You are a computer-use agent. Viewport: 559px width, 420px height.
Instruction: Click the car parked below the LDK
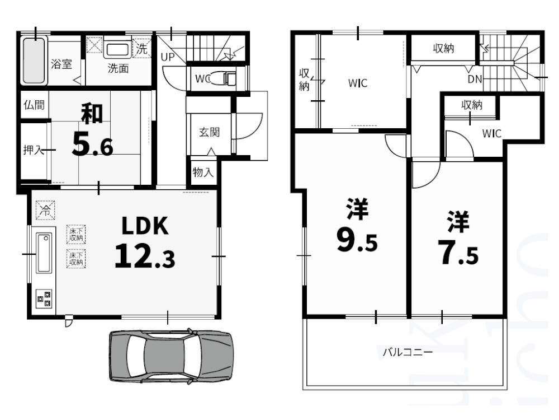[170, 356]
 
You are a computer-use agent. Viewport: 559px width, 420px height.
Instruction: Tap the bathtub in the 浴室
[34, 60]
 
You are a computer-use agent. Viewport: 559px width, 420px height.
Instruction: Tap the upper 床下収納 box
[76, 234]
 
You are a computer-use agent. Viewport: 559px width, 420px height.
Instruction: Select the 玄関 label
[209, 133]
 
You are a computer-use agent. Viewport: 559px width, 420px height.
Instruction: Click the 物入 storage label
[203, 171]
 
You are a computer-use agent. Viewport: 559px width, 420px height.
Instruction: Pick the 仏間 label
[34, 105]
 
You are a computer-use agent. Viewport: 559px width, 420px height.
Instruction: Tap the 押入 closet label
[34, 150]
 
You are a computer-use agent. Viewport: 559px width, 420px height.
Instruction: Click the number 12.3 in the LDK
[144, 257]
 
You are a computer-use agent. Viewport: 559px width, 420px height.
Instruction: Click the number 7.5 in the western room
[457, 254]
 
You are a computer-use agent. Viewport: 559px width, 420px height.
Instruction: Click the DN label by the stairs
[475, 79]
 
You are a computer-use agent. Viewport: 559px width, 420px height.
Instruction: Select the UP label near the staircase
[167, 57]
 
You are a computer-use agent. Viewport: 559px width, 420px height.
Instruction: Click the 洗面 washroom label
[118, 69]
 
